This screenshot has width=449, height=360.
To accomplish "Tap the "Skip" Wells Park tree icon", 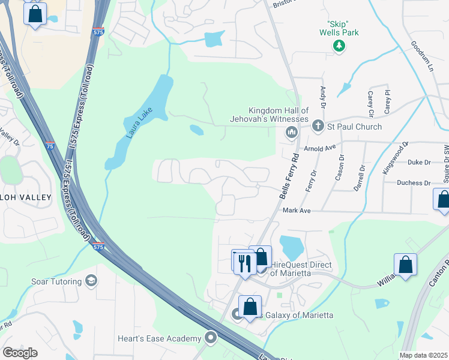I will point(339,46).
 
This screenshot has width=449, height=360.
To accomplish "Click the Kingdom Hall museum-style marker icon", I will point(292,132).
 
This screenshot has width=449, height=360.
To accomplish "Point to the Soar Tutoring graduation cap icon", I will point(91,281).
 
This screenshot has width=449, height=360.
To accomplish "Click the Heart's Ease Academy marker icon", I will point(211,338).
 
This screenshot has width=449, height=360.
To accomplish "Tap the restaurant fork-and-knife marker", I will point(244,262).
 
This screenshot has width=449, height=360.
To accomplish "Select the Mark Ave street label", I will point(296,211).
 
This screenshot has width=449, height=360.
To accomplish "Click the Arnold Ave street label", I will point(319,148).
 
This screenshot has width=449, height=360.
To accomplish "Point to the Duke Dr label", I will point(419,162).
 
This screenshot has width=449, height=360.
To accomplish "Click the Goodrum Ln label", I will point(423,56).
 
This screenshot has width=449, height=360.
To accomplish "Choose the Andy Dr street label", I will point(323,98).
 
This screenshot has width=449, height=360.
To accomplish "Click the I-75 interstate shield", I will point(50,145).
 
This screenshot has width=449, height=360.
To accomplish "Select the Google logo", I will point(20,353).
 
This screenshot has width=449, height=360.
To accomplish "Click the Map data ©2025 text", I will point(423,355).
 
